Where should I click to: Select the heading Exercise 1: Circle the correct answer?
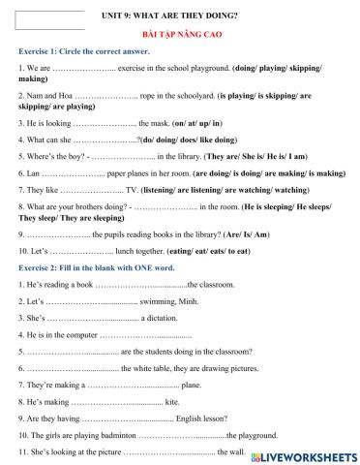[x=83, y=50]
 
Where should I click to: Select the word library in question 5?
[x=190, y=155]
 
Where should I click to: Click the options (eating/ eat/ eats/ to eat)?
[x=217, y=252]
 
